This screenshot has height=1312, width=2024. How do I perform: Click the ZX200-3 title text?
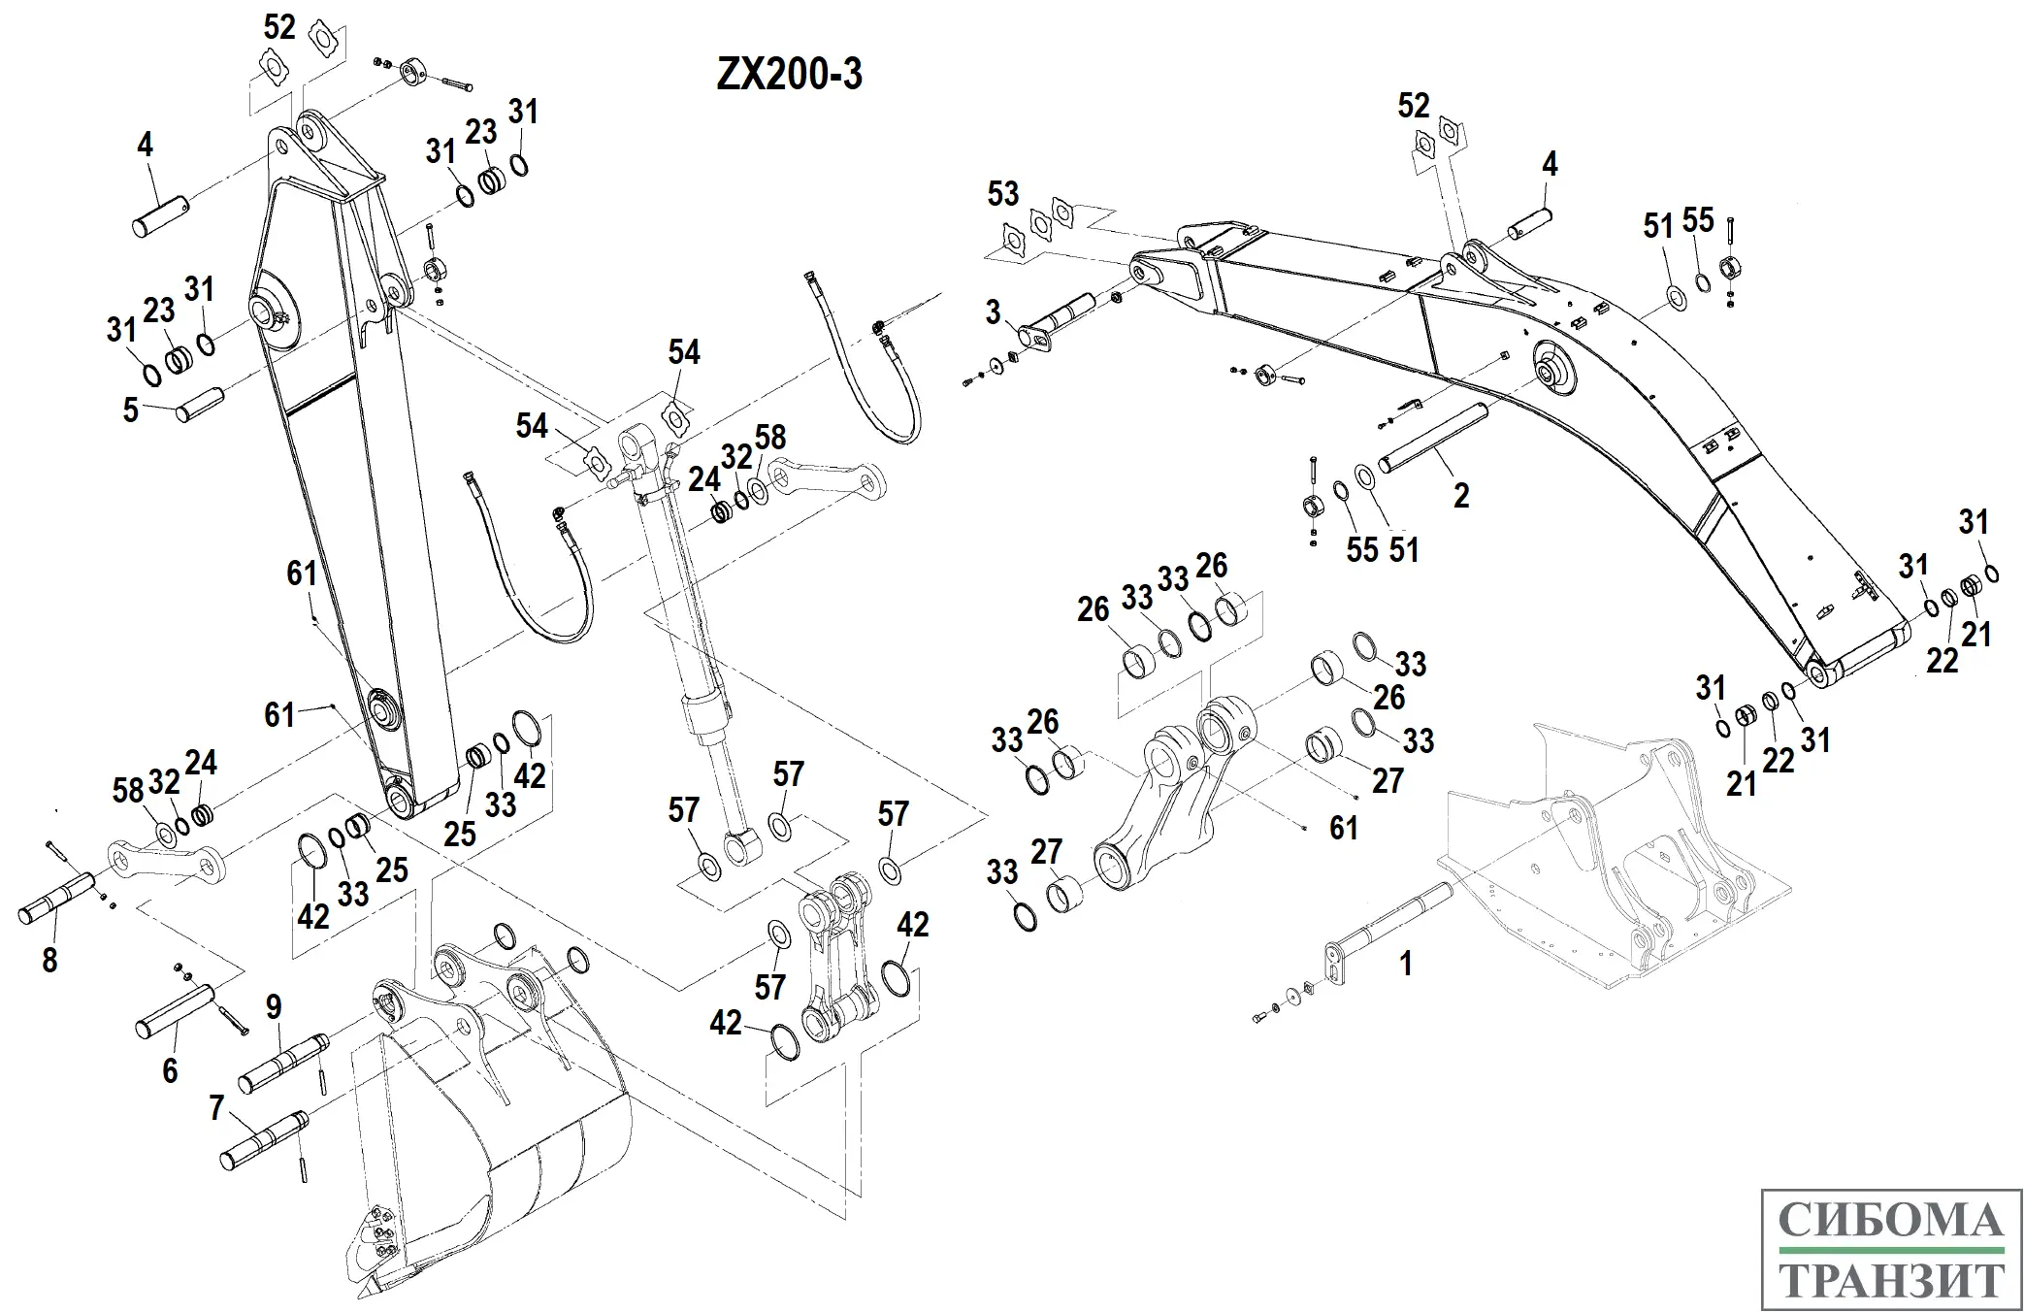[x=789, y=75]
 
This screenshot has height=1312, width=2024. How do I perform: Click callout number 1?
[x=1405, y=964]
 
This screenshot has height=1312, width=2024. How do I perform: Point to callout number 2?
[x=1461, y=496]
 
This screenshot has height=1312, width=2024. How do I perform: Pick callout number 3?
[x=993, y=312]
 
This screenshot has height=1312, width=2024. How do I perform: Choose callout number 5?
[x=131, y=410]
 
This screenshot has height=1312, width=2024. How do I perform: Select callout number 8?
[x=49, y=960]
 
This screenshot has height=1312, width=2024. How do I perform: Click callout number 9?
[x=275, y=1006]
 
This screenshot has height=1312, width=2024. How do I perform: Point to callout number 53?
[x=1003, y=193]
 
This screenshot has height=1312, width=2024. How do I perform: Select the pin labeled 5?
[x=201, y=405]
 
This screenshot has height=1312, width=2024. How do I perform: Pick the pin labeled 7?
[x=263, y=1139]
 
